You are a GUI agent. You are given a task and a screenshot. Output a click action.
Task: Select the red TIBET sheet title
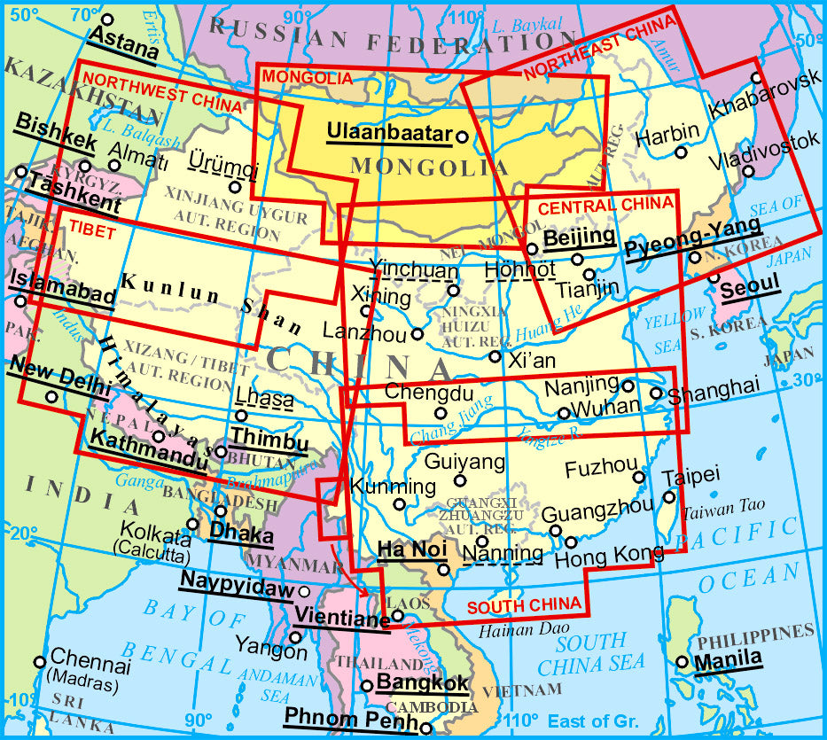click(92, 228)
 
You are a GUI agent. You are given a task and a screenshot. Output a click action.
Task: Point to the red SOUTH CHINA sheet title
click(524, 606)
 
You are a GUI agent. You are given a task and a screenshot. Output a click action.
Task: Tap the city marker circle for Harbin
click(681, 152)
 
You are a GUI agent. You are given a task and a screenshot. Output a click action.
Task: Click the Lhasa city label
click(265, 399)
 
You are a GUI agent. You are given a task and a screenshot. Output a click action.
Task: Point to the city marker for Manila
click(682, 661)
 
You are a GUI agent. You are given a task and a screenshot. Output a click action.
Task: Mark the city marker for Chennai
click(39, 662)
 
